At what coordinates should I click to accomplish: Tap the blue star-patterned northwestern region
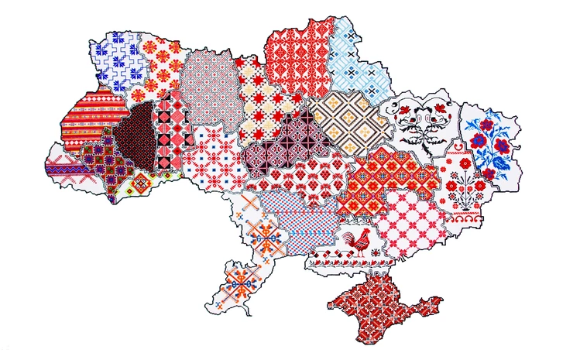point(116,54)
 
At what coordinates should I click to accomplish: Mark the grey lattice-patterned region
point(208,85)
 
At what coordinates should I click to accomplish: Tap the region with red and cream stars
point(267,105)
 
